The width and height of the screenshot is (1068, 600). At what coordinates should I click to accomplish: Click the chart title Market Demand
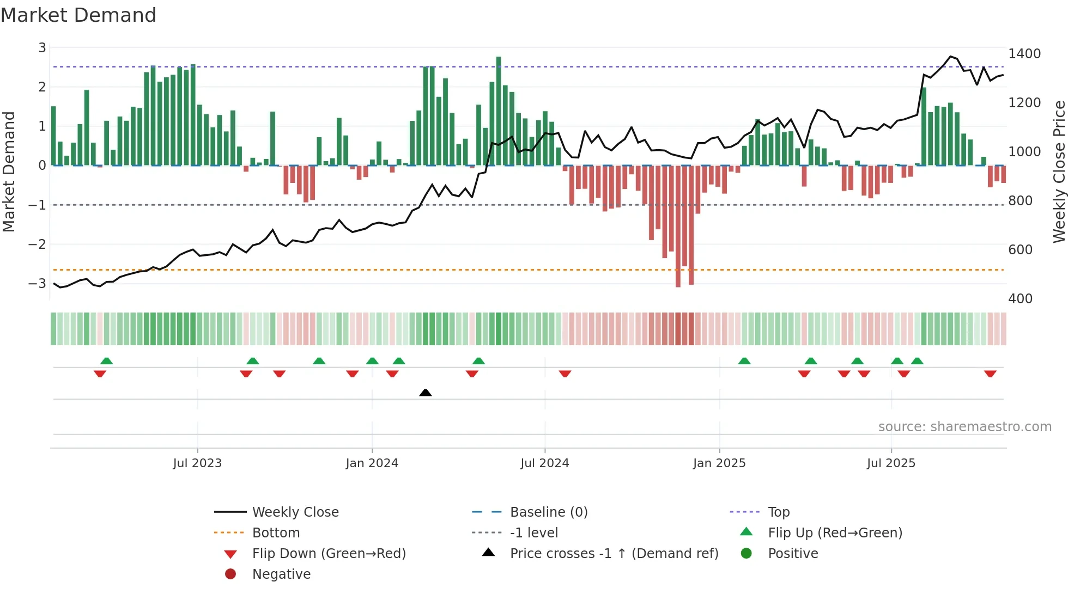coord(78,15)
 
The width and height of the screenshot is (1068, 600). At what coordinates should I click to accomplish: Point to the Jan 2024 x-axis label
coord(372,463)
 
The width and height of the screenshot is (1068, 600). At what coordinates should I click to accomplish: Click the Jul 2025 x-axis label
coord(891,463)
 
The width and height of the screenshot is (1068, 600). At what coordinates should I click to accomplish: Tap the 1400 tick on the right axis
coord(1024,54)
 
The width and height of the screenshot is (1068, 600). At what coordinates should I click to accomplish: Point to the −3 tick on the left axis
coord(38,283)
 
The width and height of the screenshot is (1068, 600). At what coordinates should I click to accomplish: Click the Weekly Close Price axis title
coord(1059,172)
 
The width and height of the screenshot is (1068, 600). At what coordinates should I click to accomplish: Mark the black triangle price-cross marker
coord(426,393)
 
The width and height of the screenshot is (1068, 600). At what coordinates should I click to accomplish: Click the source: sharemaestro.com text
coord(964,427)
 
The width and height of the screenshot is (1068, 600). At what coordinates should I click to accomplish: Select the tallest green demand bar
coord(499,112)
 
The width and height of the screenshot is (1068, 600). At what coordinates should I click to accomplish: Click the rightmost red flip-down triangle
coord(990,374)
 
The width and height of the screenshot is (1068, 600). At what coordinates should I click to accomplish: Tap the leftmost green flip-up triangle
coord(107,361)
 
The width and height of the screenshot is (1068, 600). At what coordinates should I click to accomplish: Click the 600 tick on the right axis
coord(1020,250)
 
